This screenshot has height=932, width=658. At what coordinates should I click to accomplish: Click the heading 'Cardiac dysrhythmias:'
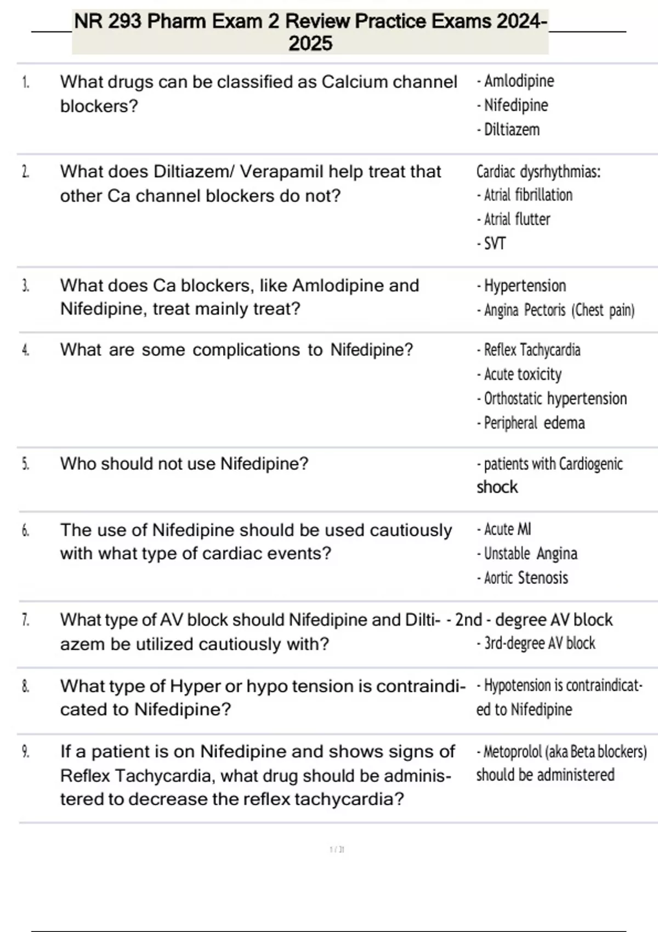coord(538,172)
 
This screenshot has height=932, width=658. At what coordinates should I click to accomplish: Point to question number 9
coord(25,752)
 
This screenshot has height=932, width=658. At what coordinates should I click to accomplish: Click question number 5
coord(25,464)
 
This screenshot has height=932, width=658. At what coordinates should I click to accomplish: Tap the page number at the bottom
coord(337,850)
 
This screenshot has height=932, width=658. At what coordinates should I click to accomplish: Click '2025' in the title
coord(310,44)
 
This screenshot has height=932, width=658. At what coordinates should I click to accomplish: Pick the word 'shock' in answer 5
coord(497,487)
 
